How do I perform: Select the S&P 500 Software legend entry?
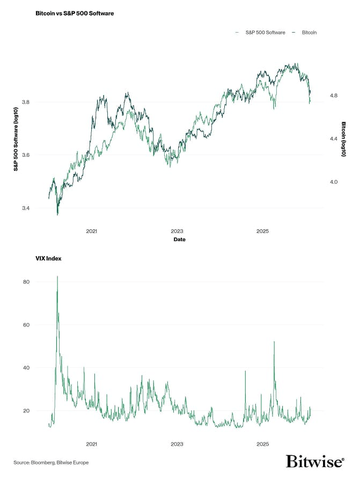pyautogui.click(x=262, y=33)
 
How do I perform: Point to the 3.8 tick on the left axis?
pyautogui.click(x=26, y=102)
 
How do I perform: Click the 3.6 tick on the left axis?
pyautogui.click(x=26, y=155)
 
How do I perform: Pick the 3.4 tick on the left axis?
pyautogui.click(x=26, y=208)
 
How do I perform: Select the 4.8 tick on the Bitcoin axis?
pyautogui.click(x=334, y=96)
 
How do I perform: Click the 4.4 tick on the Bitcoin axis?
pyautogui.click(x=334, y=139)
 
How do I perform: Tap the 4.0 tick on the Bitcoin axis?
pyautogui.click(x=334, y=182)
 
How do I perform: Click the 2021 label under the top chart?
pyautogui.click(x=92, y=231)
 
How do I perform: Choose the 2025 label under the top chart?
pyautogui.click(x=262, y=231)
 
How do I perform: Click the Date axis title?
pyautogui.click(x=179, y=239)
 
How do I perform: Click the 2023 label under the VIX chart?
pyautogui.click(x=177, y=445)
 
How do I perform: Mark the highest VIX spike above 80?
pyautogui.click(x=57, y=277)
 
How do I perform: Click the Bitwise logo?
pyautogui.click(x=314, y=461)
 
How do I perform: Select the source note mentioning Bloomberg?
pyautogui.click(x=52, y=462)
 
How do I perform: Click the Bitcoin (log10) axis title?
pyautogui.click(x=344, y=139)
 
